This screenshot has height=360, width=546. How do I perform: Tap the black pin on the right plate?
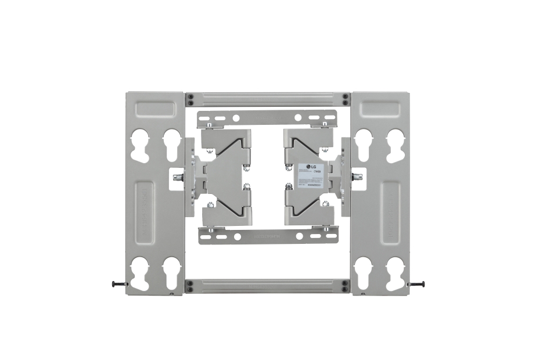click(x=418, y=284)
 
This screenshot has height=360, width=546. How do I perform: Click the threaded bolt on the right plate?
click(x=357, y=176)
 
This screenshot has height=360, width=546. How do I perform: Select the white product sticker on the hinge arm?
click(x=310, y=175)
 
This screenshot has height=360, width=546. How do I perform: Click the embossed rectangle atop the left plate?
click(x=154, y=109)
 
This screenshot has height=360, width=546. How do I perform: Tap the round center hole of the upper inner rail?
click(x=298, y=118)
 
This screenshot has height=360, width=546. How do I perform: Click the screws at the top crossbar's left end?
click(x=189, y=99)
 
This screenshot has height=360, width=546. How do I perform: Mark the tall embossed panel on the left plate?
click(x=144, y=212)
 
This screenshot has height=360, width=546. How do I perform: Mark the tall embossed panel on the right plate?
click(x=390, y=212)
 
